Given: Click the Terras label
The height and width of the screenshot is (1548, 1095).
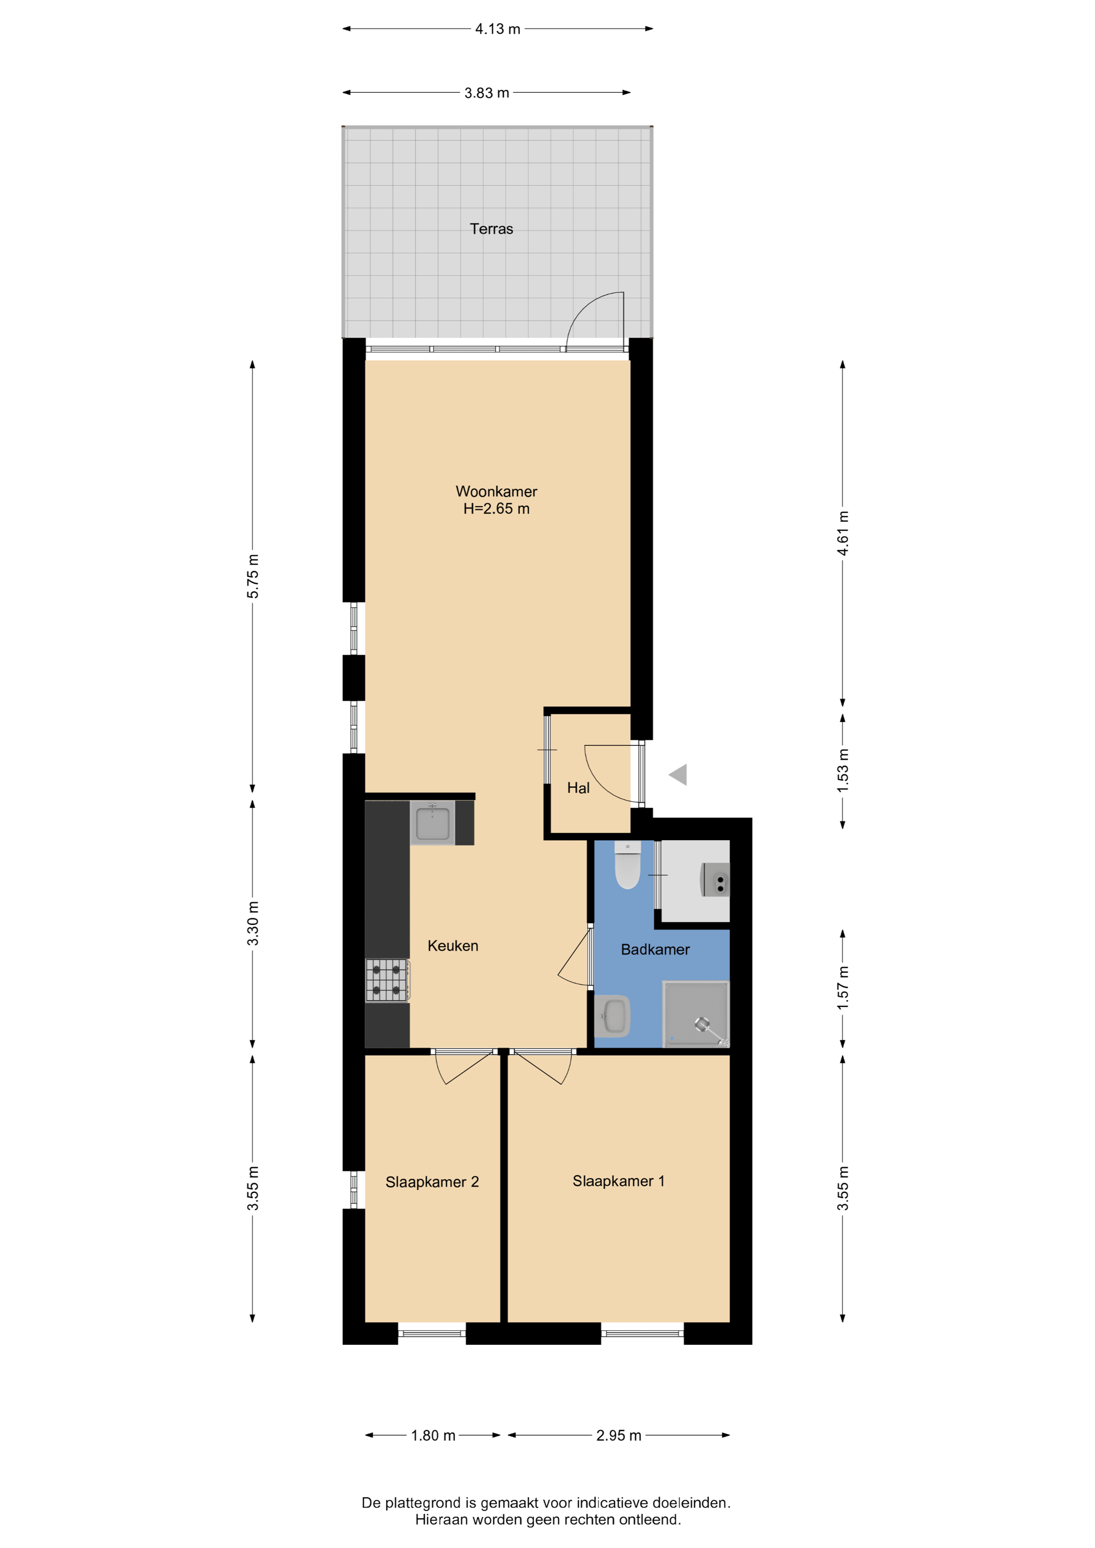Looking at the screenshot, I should pos(491,229).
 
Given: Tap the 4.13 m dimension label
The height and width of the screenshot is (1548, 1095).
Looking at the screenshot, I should pos(497,29).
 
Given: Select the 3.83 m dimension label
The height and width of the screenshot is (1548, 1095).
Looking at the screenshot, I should pos(487,92).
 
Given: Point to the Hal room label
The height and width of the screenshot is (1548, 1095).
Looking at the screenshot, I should pos(578,787).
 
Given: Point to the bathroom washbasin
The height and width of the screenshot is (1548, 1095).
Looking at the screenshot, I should pos(612,1015).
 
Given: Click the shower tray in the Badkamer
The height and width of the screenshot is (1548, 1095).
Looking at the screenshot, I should pos(696,1013).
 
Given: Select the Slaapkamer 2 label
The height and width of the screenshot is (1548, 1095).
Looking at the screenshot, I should pos(432,1182).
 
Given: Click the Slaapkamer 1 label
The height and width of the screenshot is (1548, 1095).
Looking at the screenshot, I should pos(618,1181).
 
